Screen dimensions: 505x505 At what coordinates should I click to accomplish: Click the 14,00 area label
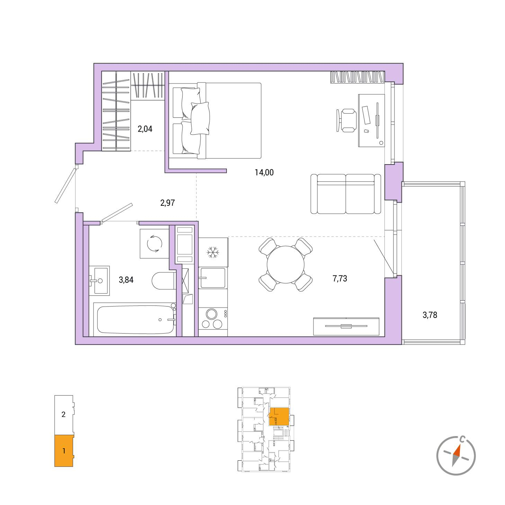[264, 172]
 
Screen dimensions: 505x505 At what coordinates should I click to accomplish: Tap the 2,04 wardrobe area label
[145, 129]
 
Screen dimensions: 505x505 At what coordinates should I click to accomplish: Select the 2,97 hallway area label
[167, 203]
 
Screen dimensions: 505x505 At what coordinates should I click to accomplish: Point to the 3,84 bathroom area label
[126, 280]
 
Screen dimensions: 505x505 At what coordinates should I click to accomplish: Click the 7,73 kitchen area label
[340, 278]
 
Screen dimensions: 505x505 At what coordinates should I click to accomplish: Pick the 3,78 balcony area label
[430, 315]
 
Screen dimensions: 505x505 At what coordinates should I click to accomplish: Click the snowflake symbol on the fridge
[213, 252]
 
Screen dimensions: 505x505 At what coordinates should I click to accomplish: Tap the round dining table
[286, 264]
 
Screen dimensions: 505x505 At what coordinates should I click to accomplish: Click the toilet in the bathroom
[164, 281]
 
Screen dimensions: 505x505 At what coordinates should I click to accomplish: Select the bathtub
[135, 319]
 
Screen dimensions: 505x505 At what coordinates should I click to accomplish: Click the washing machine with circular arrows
[154, 244]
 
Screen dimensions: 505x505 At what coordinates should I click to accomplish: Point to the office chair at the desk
[346, 120]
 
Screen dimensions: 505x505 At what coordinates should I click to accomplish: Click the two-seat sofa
[346, 194]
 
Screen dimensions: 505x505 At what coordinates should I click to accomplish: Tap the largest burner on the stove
[212, 314]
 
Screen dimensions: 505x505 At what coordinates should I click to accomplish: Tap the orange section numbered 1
[64, 451]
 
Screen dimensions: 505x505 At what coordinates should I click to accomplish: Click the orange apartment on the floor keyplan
[279, 416]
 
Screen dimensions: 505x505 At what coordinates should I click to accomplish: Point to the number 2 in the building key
[63, 414]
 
